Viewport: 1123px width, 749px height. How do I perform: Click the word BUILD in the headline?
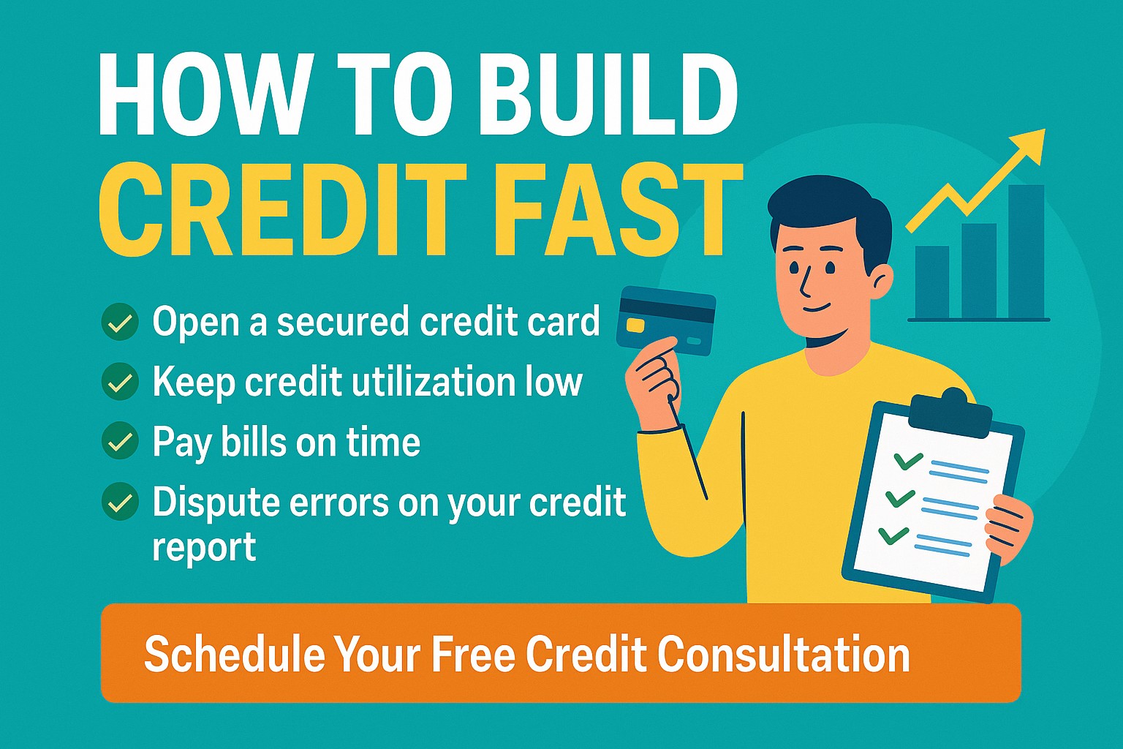point(607,95)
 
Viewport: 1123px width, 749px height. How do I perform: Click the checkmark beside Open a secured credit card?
point(121,322)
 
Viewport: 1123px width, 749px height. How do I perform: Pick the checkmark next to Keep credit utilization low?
point(121,382)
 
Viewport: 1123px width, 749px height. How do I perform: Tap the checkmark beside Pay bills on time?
point(121,441)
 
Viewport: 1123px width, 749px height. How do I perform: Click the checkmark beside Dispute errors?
point(121,502)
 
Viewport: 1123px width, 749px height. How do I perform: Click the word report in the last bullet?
point(204,548)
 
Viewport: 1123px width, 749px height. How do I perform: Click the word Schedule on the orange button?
point(235,654)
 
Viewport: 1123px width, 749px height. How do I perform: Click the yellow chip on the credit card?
point(635,325)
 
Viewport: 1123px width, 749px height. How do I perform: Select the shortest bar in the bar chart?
point(932,282)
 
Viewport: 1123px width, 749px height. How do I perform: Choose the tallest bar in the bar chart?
point(1026,252)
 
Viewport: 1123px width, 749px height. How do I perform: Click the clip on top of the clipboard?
point(950,413)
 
